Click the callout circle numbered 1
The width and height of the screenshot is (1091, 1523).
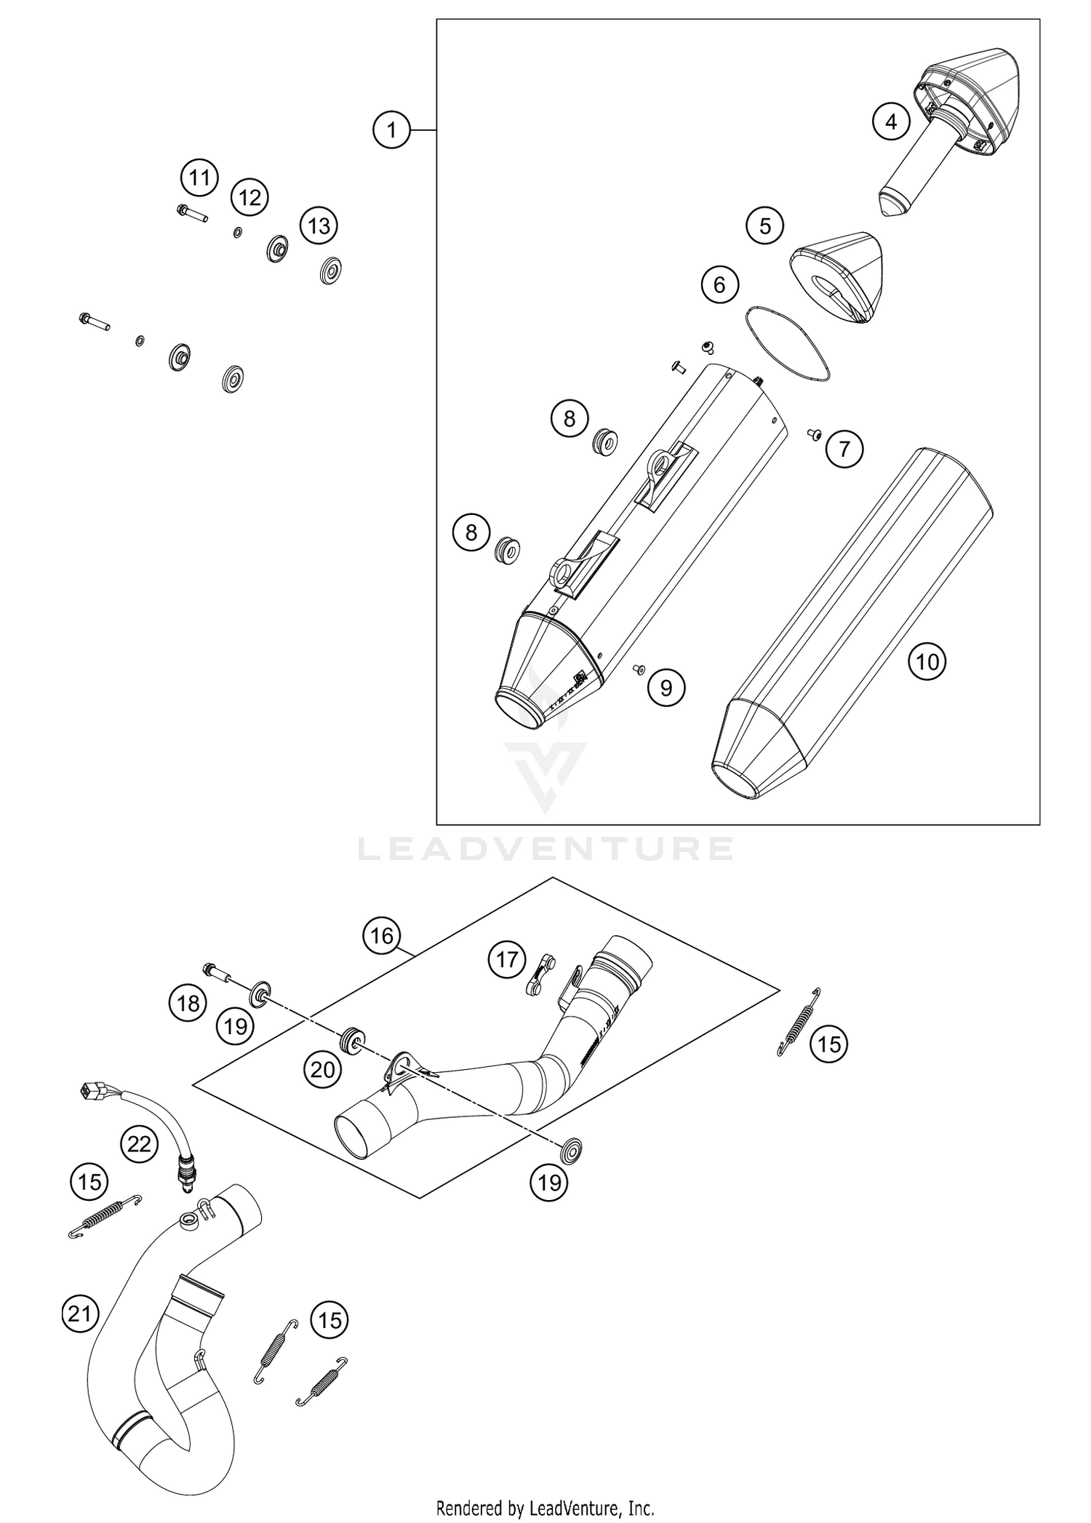tap(392, 130)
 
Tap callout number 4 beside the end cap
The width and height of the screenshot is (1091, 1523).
tap(891, 122)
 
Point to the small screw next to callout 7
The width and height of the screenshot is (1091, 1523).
tap(814, 434)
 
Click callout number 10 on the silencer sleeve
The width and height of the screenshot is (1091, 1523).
tap(927, 661)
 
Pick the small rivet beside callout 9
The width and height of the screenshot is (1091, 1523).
tap(640, 668)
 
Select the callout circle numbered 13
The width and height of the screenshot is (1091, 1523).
tap(319, 225)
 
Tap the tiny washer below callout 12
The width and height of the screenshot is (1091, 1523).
tap(237, 233)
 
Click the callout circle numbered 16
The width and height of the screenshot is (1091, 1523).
tap(382, 935)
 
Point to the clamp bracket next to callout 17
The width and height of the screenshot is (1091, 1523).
tap(540, 976)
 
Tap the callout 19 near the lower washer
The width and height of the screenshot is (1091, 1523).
tap(549, 1183)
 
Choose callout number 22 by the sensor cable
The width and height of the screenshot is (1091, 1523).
tap(139, 1144)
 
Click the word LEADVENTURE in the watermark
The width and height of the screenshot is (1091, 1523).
tap(545, 848)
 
